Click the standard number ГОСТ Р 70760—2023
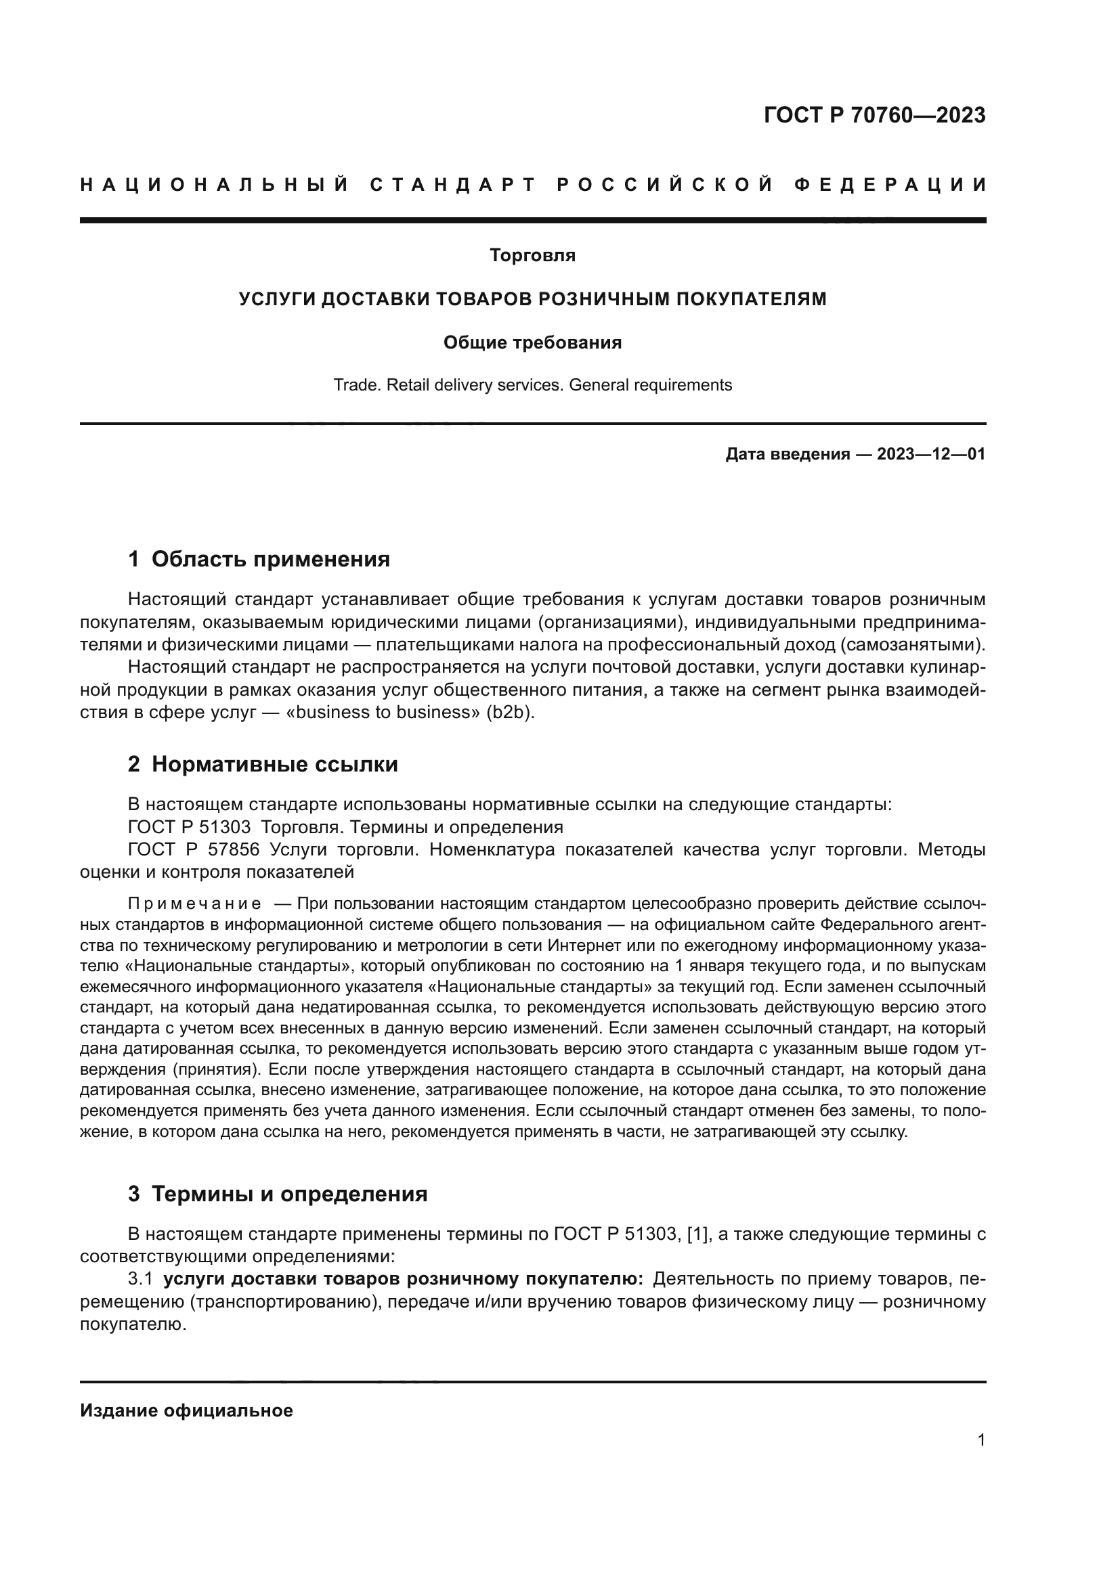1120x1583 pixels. click(874, 115)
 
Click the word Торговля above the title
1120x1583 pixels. click(532, 256)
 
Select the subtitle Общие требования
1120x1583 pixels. click(532, 342)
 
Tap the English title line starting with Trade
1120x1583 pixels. click(532, 385)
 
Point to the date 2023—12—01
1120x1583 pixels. click(930, 454)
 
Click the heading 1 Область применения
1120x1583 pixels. click(259, 559)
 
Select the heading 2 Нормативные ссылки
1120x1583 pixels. click(263, 765)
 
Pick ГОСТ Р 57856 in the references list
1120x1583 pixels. click(194, 850)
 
